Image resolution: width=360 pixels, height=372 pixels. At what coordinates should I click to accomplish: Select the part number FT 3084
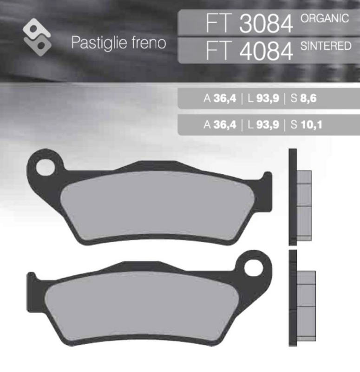click(249, 23)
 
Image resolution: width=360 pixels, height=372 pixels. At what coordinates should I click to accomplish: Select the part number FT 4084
click(249, 51)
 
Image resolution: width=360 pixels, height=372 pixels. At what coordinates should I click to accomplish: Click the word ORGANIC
click(324, 19)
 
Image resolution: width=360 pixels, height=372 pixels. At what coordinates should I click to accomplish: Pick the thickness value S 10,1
click(306, 125)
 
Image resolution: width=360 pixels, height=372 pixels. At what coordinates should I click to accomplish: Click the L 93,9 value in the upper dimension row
click(263, 99)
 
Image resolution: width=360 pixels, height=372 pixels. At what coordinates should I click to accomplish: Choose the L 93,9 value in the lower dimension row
click(263, 125)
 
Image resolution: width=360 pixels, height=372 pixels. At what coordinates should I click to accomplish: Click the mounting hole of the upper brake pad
click(45, 166)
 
